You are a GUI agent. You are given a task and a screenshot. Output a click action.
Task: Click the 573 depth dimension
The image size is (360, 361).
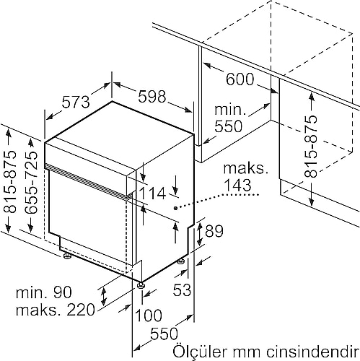(x=76, y=102)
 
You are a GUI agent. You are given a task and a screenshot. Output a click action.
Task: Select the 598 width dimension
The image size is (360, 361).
(x=152, y=97)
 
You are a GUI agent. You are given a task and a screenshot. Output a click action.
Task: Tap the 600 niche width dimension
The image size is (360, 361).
(x=240, y=79)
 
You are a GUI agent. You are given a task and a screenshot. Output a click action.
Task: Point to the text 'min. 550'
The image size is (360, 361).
(x=229, y=118)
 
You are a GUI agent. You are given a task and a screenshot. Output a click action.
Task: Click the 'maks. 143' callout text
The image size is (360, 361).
(x=245, y=176)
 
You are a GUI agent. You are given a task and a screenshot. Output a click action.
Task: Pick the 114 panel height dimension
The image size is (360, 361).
(x=152, y=193)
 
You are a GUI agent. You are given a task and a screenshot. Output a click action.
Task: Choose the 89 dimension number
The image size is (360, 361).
(x=214, y=230)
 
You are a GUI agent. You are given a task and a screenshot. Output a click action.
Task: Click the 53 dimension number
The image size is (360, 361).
(x=182, y=290)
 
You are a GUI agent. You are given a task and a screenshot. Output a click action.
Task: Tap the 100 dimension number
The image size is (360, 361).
(x=149, y=315)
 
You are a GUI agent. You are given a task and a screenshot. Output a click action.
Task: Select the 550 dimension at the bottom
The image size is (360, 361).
(x=164, y=334)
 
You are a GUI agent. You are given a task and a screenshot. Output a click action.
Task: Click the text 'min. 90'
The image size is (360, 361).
(x=44, y=292)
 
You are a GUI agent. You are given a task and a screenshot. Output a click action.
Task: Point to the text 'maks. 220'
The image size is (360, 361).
(x=56, y=310)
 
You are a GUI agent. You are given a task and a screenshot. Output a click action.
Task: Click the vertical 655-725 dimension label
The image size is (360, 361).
(x=31, y=182)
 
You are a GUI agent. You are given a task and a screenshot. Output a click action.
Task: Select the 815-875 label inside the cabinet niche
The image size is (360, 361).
(x=310, y=147)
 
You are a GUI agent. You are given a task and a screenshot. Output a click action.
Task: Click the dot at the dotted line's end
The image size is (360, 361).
(x=176, y=208)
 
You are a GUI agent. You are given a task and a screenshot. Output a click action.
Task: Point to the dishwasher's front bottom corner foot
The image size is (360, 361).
(x=140, y=285)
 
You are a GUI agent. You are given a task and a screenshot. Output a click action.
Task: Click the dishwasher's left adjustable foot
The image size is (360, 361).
(x=66, y=256)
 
